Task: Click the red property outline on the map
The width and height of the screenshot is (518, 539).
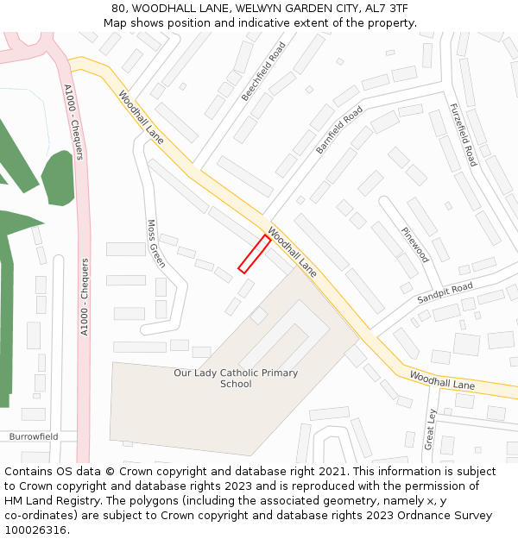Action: point(254,254)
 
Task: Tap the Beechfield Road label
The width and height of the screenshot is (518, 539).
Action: point(263,72)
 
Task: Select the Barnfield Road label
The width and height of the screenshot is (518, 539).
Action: point(339,130)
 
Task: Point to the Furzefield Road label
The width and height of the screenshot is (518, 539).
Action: point(463,135)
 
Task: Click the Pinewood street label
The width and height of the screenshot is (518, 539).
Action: point(414,244)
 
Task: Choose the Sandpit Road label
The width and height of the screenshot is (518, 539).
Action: point(445,292)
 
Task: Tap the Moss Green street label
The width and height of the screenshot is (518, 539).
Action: point(155,243)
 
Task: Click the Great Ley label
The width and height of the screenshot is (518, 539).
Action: point(431,428)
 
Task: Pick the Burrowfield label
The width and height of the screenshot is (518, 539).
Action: point(34,436)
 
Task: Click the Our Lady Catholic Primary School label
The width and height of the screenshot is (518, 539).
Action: point(236,379)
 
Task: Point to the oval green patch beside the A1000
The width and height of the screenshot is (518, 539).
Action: point(59,178)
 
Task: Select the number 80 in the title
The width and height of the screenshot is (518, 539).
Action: point(119,9)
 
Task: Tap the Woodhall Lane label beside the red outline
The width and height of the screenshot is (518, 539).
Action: point(292,252)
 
